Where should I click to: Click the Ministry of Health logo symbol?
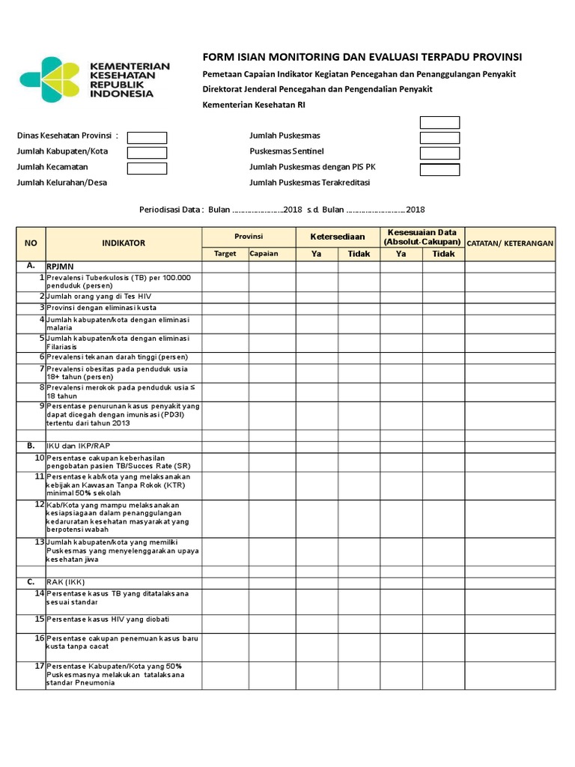click(50, 78)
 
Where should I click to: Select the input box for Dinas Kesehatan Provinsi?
click(147, 137)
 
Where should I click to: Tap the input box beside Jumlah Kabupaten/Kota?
click(147, 153)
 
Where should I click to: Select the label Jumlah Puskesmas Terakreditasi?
click(309, 183)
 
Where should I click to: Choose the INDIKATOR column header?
click(124, 243)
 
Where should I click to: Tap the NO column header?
click(31, 243)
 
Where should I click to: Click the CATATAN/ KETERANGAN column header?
click(510, 243)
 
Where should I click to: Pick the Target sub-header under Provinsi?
click(225, 254)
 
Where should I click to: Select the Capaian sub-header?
click(264, 254)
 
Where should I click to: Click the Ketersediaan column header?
click(337, 237)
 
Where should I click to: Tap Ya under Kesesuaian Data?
click(401, 254)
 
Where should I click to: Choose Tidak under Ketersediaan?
click(359, 254)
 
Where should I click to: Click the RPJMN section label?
click(61, 266)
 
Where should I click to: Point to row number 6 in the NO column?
click(41, 357)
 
